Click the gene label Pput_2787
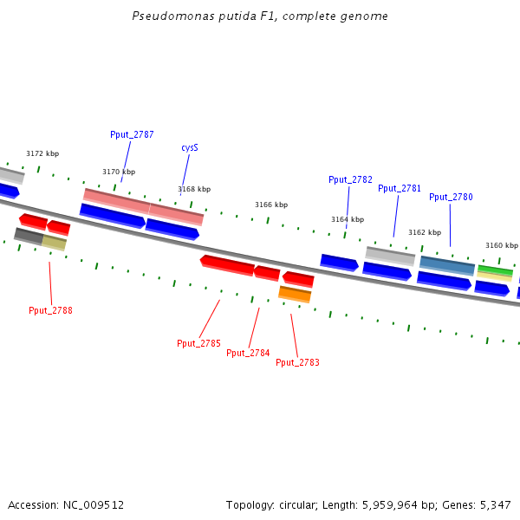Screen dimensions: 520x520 132,135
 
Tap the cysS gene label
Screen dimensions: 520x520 190,148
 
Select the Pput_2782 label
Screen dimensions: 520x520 350,180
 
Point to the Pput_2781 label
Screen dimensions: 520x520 400,189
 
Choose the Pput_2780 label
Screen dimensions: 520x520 451,198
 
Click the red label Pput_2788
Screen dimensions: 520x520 50,310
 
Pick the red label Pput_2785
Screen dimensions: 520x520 198,344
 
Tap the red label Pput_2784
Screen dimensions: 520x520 248,354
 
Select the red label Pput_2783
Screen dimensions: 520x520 297,362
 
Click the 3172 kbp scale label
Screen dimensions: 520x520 42,154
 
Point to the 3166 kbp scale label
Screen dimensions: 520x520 270,205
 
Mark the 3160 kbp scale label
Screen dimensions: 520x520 501,245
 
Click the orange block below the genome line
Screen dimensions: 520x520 295,295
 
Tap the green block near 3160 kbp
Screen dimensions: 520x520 495,272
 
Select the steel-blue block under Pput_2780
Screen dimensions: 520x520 447,264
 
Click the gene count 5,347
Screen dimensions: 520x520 497,504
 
